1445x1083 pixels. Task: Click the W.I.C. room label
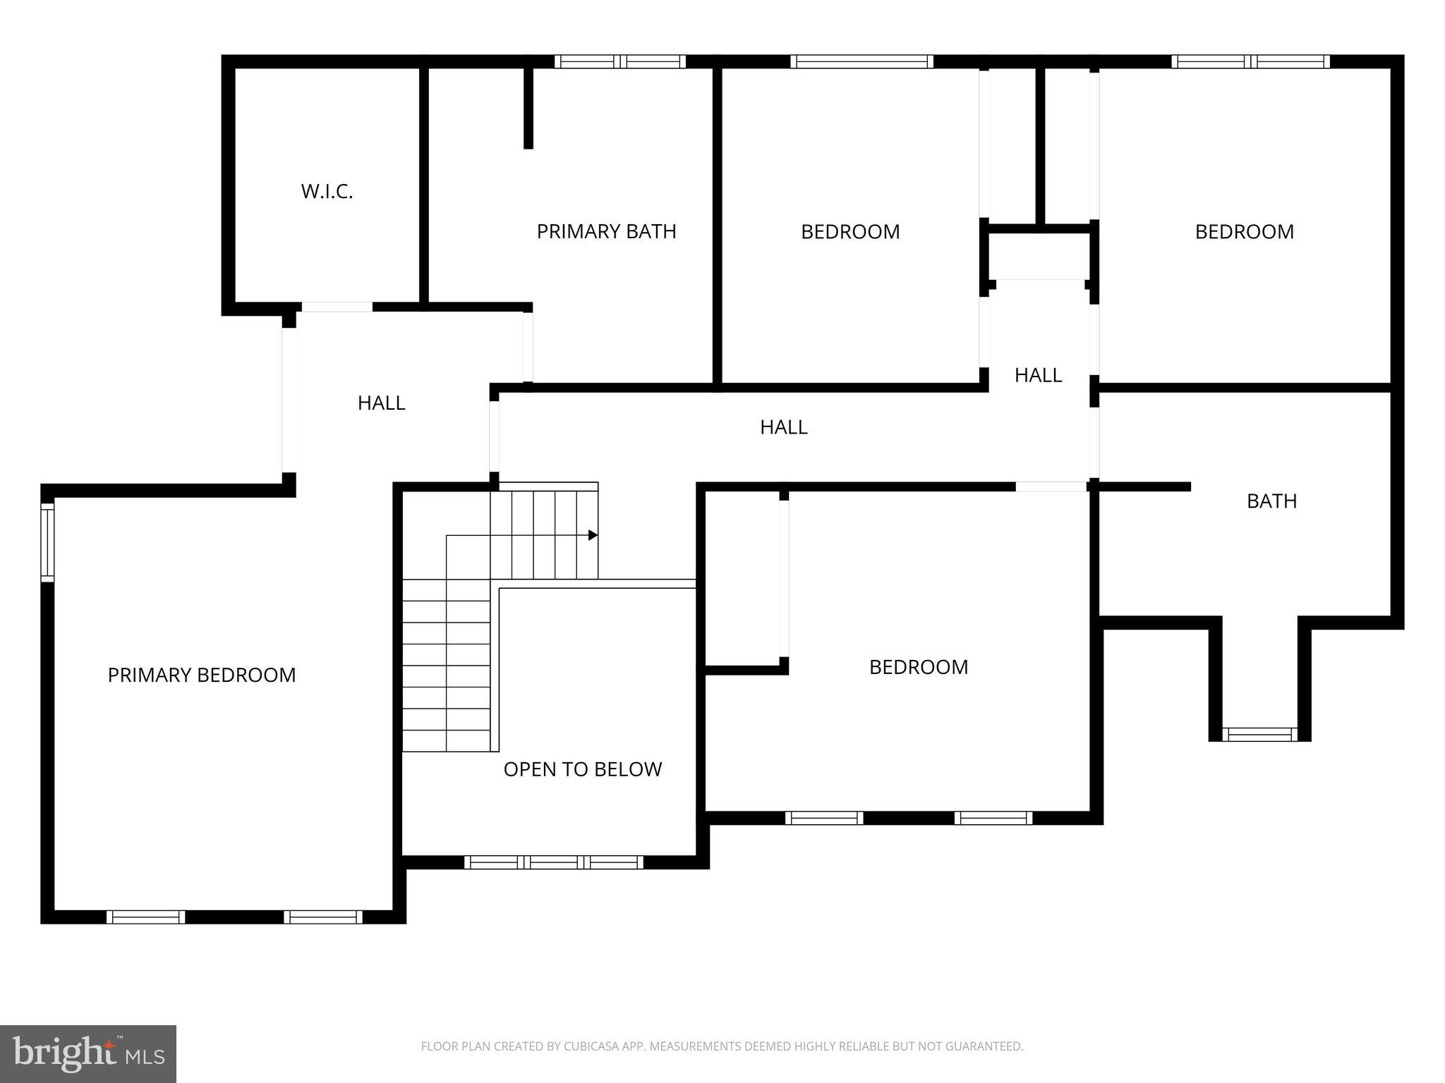click(327, 192)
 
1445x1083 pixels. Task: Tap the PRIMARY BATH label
click(606, 231)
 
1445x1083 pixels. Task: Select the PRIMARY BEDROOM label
click(202, 675)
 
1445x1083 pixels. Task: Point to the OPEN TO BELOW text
click(583, 769)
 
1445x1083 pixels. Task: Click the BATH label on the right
click(1271, 501)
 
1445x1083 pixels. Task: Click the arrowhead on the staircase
click(593, 535)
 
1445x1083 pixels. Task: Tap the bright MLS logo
click(88, 1053)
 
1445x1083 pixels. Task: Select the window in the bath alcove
click(1259, 735)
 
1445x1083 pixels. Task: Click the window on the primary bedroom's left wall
click(47, 542)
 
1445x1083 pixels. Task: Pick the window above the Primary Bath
click(619, 61)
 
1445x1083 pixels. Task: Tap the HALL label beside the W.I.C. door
click(381, 403)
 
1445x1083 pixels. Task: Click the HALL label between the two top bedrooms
click(1038, 375)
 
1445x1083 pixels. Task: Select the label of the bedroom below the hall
click(918, 667)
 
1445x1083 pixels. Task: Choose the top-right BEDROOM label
click(1244, 232)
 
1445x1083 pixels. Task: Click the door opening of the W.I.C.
click(337, 307)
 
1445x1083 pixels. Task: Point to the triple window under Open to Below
click(554, 862)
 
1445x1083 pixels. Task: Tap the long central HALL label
click(783, 427)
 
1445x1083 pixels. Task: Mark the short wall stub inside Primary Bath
click(528, 107)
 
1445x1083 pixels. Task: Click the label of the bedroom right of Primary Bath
click(850, 232)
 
